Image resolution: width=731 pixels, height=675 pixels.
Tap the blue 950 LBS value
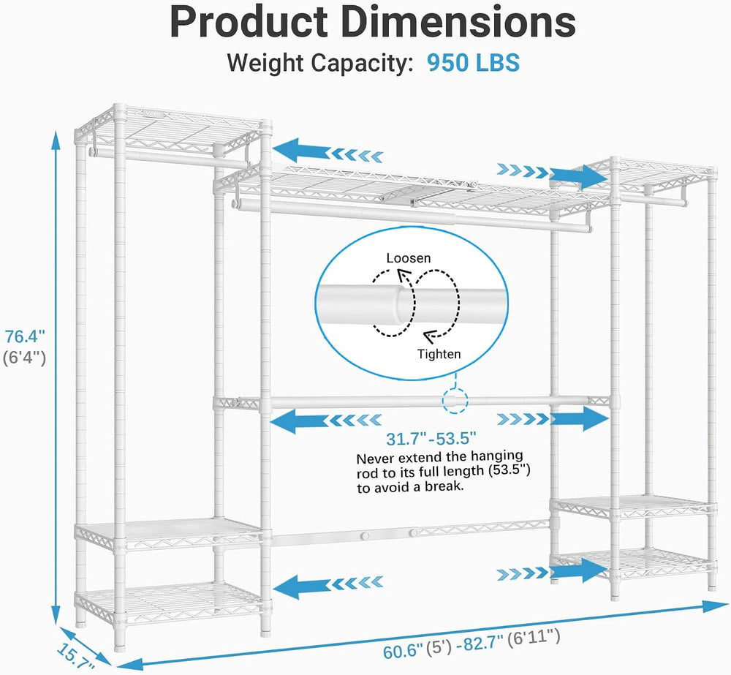[473, 62]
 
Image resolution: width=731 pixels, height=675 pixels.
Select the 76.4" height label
[25, 336]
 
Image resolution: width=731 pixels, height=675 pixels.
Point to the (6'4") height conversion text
[25, 358]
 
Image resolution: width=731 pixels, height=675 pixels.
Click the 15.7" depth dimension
[75, 657]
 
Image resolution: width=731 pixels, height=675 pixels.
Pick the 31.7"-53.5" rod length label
[431, 439]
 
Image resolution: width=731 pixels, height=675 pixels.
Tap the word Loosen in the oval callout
[409, 258]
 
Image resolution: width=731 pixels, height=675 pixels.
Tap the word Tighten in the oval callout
[439, 354]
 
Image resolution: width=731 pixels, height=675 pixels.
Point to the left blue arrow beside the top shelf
[327, 151]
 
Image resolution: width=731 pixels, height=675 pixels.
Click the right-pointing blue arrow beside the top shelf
[553, 174]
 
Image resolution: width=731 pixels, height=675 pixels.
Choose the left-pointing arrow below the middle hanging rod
[326, 420]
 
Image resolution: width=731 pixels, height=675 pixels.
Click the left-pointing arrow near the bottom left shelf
[327, 584]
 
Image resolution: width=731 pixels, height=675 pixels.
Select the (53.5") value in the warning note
[509, 470]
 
